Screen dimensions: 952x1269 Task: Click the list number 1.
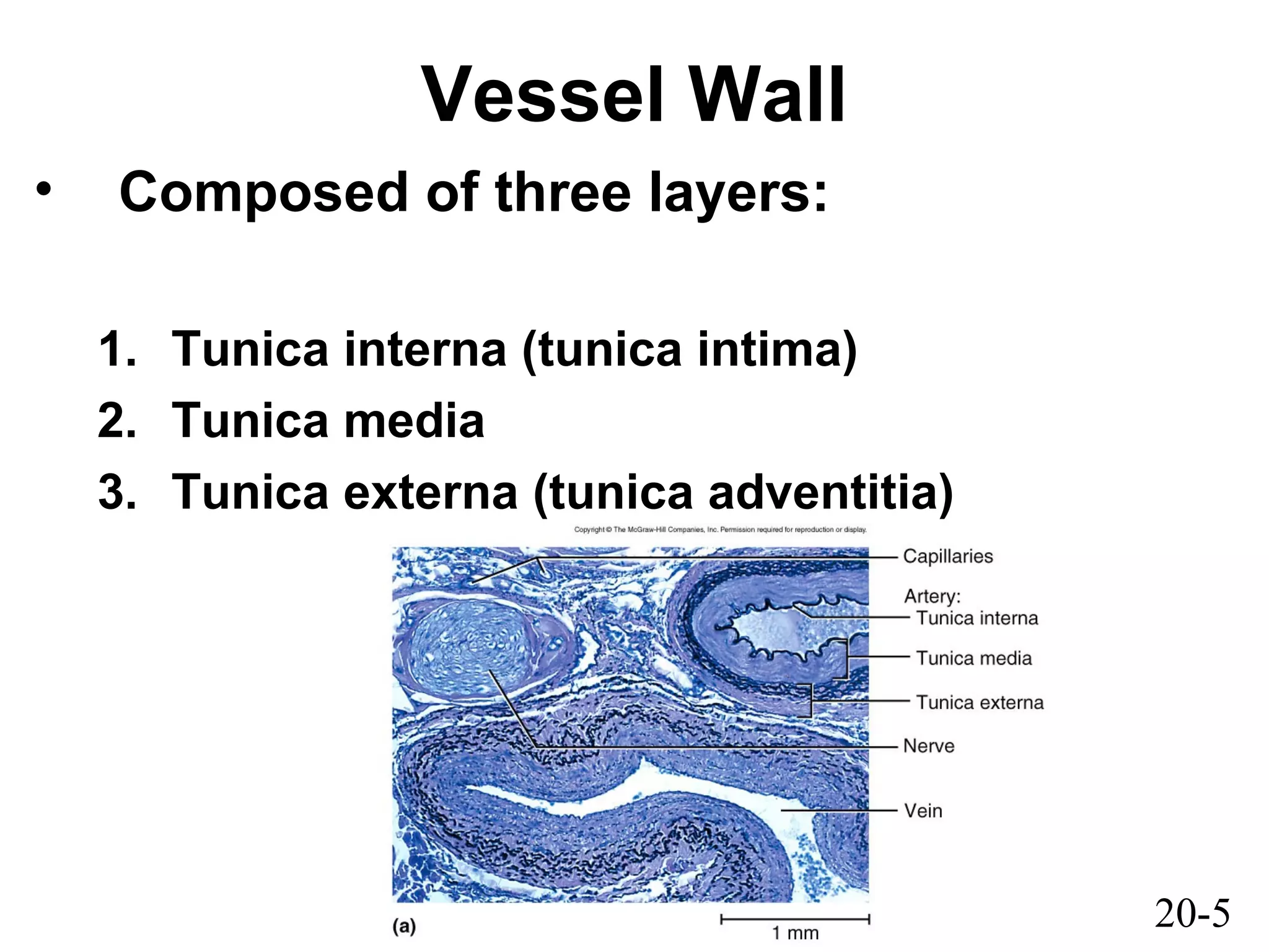click(x=116, y=350)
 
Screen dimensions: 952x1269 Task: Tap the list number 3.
click(x=116, y=493)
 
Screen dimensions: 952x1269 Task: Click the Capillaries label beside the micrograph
click(x=947, y=557)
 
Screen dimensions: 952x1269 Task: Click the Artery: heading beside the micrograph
click(x=932, y=596)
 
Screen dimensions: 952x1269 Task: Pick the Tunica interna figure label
click(x=977, y=618)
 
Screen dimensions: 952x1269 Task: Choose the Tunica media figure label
click(x=974, y=658)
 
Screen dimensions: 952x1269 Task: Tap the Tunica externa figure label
click(x=980, y=702)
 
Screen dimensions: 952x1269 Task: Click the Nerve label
click(x=928, y=746)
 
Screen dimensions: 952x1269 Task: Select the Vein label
click(x=923, y=811)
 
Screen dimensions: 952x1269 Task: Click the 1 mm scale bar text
click(x=795, y=933)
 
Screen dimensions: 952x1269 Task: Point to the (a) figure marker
click(x=404, y=927)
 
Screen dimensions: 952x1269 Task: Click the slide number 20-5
click(x=1192, y=914)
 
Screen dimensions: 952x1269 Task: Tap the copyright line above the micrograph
click(x=720, y=530)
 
